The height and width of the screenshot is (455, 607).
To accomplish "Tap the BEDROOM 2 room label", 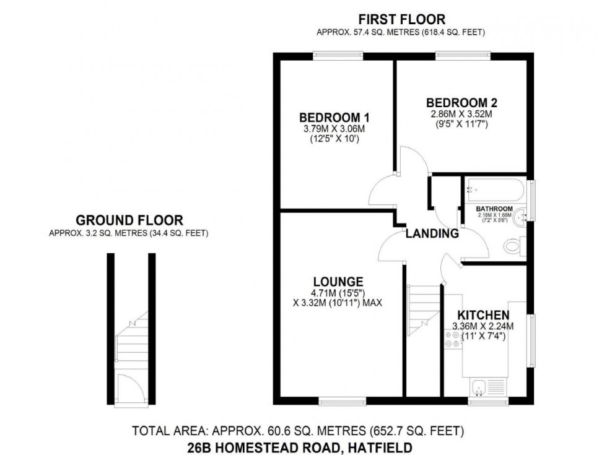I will pyautogui.click(x=461, y=103).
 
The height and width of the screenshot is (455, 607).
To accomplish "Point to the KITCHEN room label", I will pyautogui.click(x=484, y=314).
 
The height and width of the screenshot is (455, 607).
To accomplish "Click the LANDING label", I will pyautogui.click(x=432, y=234).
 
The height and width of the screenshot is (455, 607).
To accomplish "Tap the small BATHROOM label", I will pyautogui.click(x=494, y=209).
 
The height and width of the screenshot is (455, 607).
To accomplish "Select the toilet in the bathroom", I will pyautogui.click(x=513, y=246).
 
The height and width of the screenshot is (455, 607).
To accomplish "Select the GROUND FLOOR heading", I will pyautogui.click(x=129, y=220).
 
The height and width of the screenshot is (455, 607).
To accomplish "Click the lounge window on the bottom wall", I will pyautogui.click(x=338, y=401).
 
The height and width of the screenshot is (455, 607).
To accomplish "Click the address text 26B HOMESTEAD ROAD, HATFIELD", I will pyautogui.click(x=300, y=446).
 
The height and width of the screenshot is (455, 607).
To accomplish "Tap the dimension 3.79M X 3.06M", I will pyautogui.click(x=334, y=129).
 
